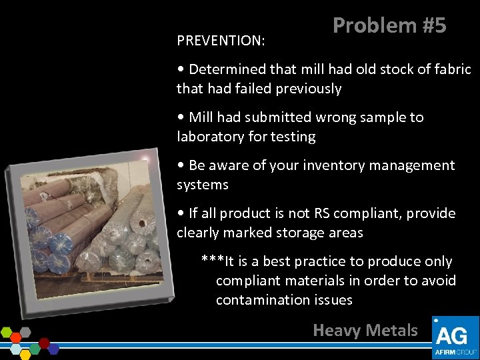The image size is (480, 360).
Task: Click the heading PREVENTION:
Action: click(221, 41)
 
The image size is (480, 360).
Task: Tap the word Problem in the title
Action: click(374, 25)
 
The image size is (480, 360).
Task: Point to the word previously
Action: click(307, 89)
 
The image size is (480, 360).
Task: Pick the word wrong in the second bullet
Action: click(334, 117)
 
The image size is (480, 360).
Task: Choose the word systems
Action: click(203, 185)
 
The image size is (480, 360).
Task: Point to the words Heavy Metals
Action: click(365, 330)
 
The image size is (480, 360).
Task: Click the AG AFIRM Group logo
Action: click(455, 338)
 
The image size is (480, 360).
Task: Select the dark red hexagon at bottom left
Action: click(44, 343)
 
